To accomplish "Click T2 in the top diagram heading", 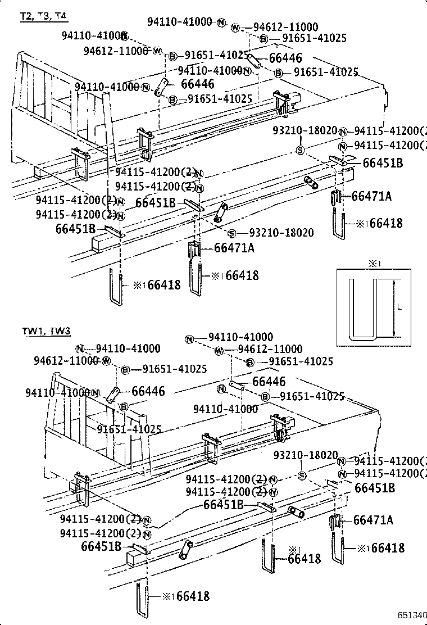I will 26,16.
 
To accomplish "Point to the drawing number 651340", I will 412,616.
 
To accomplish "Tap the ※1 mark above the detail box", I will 374,263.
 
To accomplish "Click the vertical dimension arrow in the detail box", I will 396,309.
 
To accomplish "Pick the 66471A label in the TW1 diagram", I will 373,520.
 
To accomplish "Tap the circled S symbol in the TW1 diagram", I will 302,476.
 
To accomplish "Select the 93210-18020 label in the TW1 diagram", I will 306,455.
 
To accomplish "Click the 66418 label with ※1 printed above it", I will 304,558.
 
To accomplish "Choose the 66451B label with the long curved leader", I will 223,505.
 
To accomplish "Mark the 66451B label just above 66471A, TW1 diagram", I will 374,488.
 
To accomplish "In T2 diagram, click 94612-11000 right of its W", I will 285,26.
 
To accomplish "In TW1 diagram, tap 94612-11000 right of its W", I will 270,349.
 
